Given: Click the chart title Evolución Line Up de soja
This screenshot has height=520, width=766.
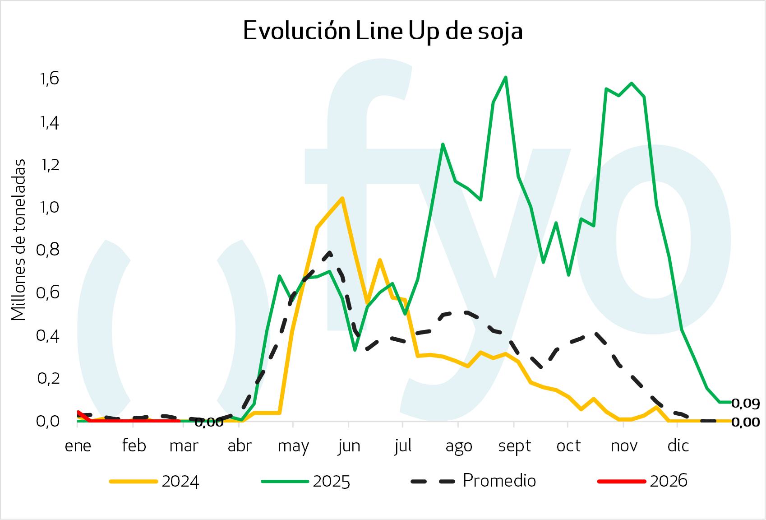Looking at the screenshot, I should pyautogui.click(x=383, y=31).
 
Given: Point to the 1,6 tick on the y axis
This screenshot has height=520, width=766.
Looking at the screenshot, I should pyautogui.click(x=49, y=79).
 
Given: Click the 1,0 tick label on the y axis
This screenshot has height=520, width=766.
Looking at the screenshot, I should pyautogui.click(x=49, y=207).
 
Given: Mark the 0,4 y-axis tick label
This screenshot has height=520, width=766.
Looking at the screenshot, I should pyautogui.click(x=48, y=335).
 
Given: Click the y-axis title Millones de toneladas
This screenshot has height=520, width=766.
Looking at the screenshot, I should pyautogui.click(x=18, y=240).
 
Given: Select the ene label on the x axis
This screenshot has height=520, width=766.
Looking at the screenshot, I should pyautogui.click(x=78, y=446).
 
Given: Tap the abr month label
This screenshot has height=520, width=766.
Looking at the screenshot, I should pyautogui.click(x=239, y=446).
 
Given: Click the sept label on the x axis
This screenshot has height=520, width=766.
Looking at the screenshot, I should pyautogui.click(x=514, y=446).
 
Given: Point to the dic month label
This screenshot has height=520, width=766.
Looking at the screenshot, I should pyautogui.click(x=678, y=446).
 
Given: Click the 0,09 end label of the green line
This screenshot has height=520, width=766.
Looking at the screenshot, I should pyautogui.click(x=745, y=403).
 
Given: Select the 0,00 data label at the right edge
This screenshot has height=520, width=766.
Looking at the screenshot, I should pyautogui.click(x=745, y=422).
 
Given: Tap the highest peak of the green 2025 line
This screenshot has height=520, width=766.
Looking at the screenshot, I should pyautogui.click(x=506, y=77).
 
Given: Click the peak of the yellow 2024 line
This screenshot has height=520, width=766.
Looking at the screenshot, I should pyautogui.click(x=342, y=198).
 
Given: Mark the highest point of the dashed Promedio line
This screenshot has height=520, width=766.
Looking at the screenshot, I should pyautogui.click(x=331, y=252).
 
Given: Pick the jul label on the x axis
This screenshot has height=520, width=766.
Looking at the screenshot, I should pyautogui.click(x=403, y=446).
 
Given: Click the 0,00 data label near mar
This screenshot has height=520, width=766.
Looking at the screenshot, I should pyautogui.click(x=209, y=422).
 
